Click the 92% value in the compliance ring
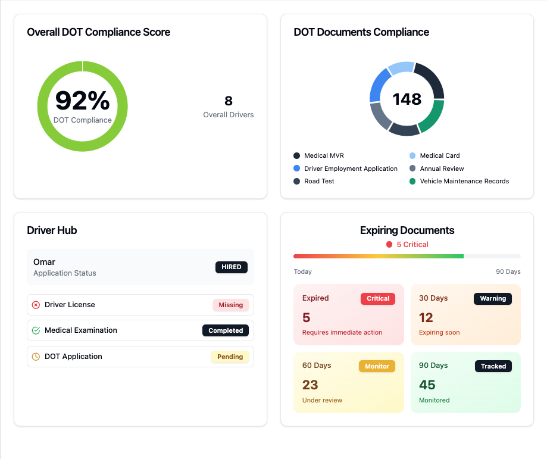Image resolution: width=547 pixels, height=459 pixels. click(82, 101)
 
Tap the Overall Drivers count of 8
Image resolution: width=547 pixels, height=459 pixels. click(229, 101)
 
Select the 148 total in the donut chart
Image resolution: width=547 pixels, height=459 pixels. click(407, 99)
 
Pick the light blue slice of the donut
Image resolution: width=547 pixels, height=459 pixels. click(400, 68)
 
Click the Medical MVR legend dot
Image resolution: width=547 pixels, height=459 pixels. click(296, 155)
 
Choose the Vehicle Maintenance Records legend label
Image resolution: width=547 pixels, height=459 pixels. click(464, 181)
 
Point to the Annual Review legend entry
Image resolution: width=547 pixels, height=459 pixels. click(442, 168)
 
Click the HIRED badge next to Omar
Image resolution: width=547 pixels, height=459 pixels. click(232, 267)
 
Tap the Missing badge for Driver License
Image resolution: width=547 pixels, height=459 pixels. click(230, 305)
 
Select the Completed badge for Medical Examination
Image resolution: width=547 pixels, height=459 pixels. click(226, 330)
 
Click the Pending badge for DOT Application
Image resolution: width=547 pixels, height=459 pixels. click(230, 357)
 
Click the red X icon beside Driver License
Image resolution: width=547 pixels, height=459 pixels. click(36, 305)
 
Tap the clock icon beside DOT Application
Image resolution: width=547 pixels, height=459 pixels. click(36, 357)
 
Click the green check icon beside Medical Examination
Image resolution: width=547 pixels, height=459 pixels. click(36, 330)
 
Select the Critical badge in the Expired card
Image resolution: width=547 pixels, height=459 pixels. click(378, 299)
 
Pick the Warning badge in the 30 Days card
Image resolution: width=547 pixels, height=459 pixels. click(493, 299)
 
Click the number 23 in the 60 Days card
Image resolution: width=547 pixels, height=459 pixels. click(310, 385)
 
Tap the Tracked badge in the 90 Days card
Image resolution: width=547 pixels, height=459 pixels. click(493, 366)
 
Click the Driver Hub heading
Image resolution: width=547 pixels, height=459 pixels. click(52, 230)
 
